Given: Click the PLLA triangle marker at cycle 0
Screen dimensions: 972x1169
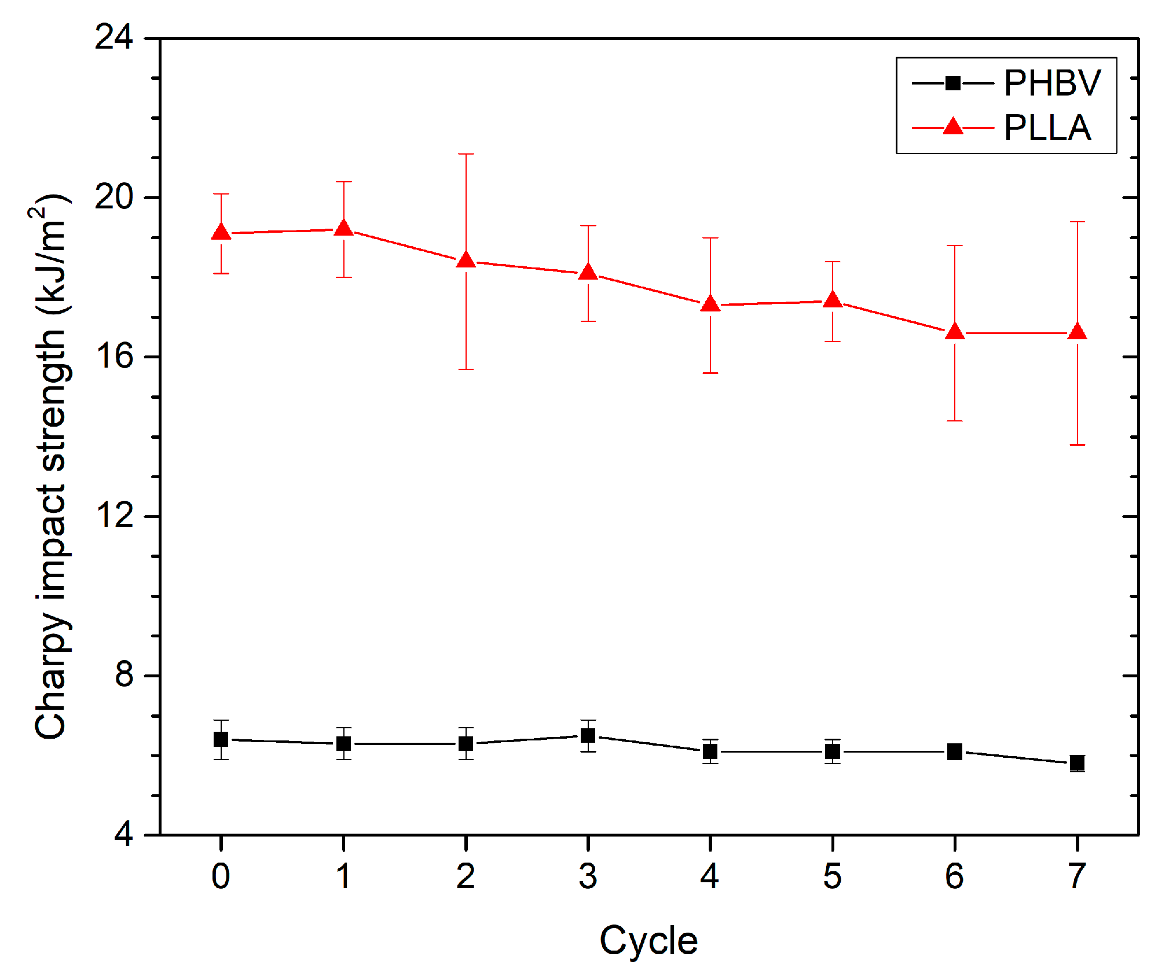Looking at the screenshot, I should coord(221,233).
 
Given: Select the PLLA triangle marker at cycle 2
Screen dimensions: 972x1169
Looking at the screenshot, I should coord(466,261).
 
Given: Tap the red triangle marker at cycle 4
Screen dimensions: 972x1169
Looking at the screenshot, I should coord(710,305).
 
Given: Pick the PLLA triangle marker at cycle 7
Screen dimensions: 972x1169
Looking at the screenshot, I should coord(1077,332).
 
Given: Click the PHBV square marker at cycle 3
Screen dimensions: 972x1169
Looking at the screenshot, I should coord(588,736).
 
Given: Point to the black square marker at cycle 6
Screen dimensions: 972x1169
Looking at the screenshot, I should coord(955,751).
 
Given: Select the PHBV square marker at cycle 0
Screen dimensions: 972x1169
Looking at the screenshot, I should coord(221,739).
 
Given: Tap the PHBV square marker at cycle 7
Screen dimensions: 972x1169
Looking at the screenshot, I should coord(1077,763).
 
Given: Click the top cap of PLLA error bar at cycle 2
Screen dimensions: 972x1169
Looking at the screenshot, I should coord(466,154).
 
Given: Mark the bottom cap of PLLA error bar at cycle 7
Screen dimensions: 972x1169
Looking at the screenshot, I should coord(1077,445).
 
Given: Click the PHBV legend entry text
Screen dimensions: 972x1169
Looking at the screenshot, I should coord(1051,83).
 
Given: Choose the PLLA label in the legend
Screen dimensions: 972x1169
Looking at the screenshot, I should coord(1047,128).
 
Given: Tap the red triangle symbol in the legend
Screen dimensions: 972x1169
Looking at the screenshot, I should coord(952,127).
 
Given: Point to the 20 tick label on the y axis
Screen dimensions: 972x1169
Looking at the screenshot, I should coord(113,197).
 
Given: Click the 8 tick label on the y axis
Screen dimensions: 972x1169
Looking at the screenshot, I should coord(124,674).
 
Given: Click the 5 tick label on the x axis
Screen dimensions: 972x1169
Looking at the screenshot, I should coord(832,876).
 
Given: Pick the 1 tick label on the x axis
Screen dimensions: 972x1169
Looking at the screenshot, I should coord(343,876).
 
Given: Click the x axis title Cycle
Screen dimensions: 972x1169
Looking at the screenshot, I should coord(648,941).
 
